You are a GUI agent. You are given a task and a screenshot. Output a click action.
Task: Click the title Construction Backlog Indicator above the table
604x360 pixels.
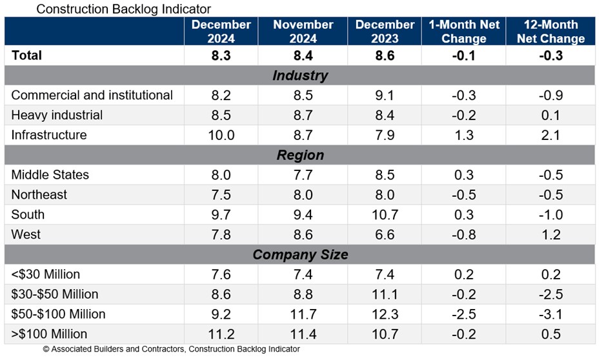tap(123, 9)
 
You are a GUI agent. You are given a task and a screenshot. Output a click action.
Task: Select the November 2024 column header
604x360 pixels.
tap(303, 32)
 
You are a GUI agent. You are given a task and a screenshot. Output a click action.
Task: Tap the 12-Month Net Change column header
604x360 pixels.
tap(550, 32)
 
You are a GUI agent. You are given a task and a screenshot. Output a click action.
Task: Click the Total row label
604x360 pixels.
tap(27, 55)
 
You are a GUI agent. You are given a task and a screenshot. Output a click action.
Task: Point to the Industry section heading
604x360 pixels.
tap(300, 75)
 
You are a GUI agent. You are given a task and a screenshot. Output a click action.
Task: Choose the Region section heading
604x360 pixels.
tap(300, 155)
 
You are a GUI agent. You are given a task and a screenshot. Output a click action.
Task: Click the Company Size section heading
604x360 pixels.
tap(300, 255)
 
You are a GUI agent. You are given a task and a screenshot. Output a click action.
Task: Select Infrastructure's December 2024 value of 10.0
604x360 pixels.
tap(221, 135)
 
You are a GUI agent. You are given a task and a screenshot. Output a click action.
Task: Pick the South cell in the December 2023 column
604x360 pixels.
tap(385, 215)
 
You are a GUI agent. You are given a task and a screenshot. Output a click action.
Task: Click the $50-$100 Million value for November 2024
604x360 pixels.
tap(303, 315)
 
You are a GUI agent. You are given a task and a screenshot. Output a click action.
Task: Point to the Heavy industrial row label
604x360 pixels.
tap(57, 115)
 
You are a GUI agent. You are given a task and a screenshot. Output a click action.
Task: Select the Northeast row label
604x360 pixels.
tap(39, 195)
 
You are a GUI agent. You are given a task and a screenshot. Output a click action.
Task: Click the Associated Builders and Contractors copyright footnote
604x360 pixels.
tap(171, 350)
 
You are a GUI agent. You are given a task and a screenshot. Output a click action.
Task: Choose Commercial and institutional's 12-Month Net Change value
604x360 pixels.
tap(550, 95)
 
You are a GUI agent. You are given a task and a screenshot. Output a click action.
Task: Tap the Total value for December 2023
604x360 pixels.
tap(385, 55)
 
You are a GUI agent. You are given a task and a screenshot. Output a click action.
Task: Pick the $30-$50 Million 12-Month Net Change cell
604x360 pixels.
tap(550, 295)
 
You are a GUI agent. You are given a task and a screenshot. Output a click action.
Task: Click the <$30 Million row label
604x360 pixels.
tap(46, 275)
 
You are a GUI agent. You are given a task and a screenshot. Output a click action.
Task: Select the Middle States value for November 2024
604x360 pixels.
tap(303, 175)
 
